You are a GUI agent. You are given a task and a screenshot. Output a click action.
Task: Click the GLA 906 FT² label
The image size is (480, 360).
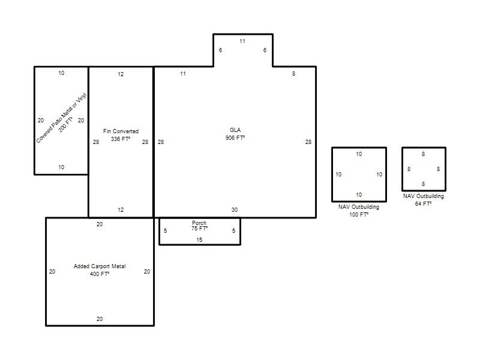(235, 134)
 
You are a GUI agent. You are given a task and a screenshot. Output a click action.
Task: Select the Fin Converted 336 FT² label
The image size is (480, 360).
(121, 135)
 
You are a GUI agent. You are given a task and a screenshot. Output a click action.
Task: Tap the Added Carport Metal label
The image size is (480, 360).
(100, 266)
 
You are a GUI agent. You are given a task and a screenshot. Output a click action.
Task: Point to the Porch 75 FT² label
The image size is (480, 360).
(199, 226)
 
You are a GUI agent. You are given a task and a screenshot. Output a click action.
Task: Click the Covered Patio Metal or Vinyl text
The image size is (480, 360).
(61, 118)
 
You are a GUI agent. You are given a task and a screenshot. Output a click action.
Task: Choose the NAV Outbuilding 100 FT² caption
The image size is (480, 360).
(359, 211)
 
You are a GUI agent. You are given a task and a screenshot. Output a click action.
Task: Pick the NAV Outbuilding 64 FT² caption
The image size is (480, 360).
(424, 200)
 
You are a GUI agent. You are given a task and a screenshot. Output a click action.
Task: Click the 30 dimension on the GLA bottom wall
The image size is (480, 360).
(235, 209)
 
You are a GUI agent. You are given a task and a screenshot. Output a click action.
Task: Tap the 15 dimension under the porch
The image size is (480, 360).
(199, 239)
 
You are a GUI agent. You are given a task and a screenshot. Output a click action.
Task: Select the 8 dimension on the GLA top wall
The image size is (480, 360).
(293, 73)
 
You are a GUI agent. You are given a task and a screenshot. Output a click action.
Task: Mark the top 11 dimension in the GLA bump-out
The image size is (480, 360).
(242, 41)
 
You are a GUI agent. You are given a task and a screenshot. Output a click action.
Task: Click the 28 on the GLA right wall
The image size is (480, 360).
(308, 142)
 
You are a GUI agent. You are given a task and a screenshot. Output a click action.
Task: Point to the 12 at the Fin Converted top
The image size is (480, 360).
(121, 74)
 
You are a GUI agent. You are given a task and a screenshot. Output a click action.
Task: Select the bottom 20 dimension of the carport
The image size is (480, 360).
(100, 319)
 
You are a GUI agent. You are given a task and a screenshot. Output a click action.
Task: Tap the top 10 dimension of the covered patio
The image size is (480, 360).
(61, 73)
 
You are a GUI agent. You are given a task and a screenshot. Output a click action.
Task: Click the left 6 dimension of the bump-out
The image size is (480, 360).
(220, 50)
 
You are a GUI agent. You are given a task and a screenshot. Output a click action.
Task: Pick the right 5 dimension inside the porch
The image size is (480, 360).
(233, 230)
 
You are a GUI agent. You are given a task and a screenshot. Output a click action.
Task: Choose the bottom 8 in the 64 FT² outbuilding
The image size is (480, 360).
(424, 184)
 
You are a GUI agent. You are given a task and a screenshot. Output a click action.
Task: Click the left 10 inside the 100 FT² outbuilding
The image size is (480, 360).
(338, 174)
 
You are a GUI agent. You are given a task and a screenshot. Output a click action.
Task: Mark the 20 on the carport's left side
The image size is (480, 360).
(52, 272)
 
